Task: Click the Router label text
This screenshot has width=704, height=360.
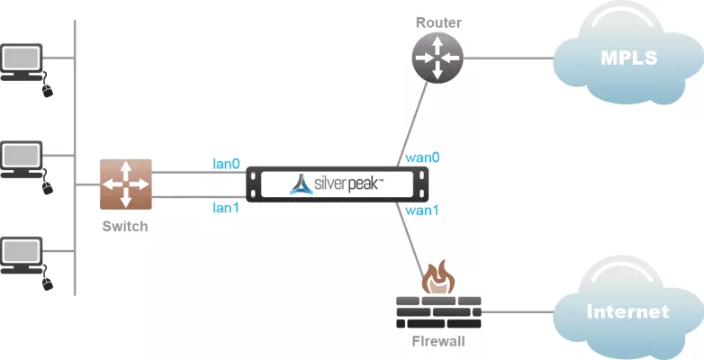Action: click(438, 22)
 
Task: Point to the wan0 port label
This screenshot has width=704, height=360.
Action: click(422, 157)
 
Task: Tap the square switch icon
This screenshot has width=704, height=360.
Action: click(126, 184)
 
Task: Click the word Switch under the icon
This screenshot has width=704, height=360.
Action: click(125, 226)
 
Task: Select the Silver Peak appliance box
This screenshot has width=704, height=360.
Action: click(338, 184)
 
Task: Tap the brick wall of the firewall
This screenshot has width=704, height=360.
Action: click(438, 310)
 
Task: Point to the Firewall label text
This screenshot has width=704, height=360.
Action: click(438, 343)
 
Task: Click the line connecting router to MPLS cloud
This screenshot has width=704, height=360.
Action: click(509, 58)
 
